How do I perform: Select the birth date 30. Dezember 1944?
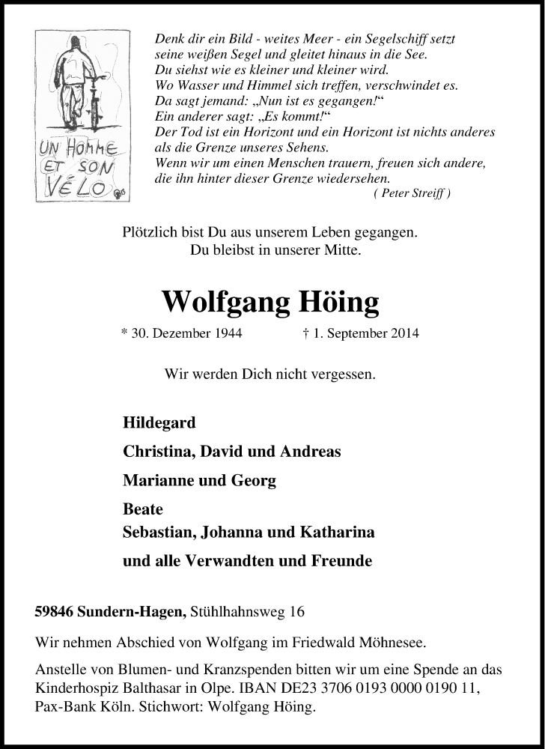[180, 333]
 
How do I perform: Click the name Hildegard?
[159, 422]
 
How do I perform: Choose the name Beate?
[142, 509]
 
